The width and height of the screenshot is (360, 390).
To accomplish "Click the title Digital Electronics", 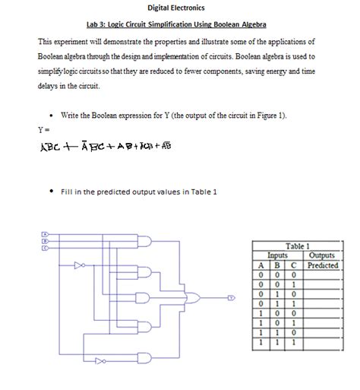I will (176, 8).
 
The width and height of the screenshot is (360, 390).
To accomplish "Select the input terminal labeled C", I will (45, 246).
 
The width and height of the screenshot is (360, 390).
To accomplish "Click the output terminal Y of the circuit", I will (231, 297).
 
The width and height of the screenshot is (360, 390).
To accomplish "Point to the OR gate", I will (195, 297).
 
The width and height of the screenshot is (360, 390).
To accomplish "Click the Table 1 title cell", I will (297, 246).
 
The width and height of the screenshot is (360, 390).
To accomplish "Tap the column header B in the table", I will (276, 265).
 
